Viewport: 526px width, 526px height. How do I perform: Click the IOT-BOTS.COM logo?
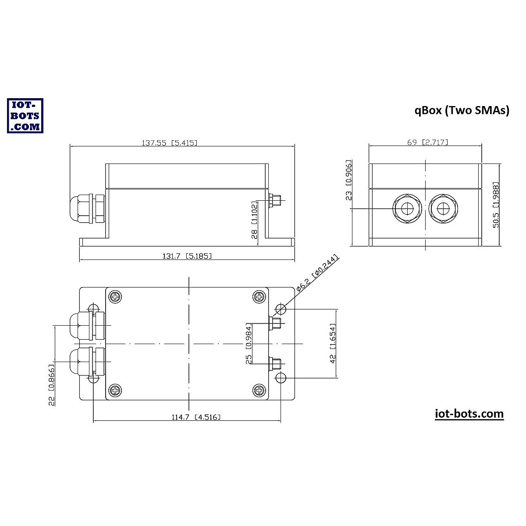(x=25, y=115)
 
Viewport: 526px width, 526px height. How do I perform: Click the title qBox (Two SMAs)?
(x=462, y=110)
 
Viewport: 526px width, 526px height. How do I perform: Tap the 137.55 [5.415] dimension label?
(x=169, y=142)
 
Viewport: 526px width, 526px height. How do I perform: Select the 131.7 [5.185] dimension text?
(x=187, y=256)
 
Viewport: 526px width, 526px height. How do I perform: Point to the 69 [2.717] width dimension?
(x=427, y=142)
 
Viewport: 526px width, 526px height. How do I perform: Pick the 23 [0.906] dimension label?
(x=349, y=180)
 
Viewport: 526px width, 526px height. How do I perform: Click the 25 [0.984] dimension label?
(x=249, y=344)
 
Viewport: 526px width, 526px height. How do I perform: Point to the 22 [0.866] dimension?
(x=52, y=384)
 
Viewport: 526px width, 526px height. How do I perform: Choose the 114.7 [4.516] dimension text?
(x=195, y=417)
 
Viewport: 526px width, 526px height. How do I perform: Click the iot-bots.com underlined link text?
(x=469, y=414)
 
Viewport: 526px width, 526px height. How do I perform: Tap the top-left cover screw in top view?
(x=115, y=297)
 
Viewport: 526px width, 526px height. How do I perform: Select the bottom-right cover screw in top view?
(x=259, y=390)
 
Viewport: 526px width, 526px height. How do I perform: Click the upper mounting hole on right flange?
(x=281, y=309)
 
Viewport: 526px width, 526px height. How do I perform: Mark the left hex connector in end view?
(x=407, y=208)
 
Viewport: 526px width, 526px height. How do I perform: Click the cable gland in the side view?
(x=87, y=209)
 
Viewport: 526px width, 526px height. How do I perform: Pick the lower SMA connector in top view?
(x=276, y=363)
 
